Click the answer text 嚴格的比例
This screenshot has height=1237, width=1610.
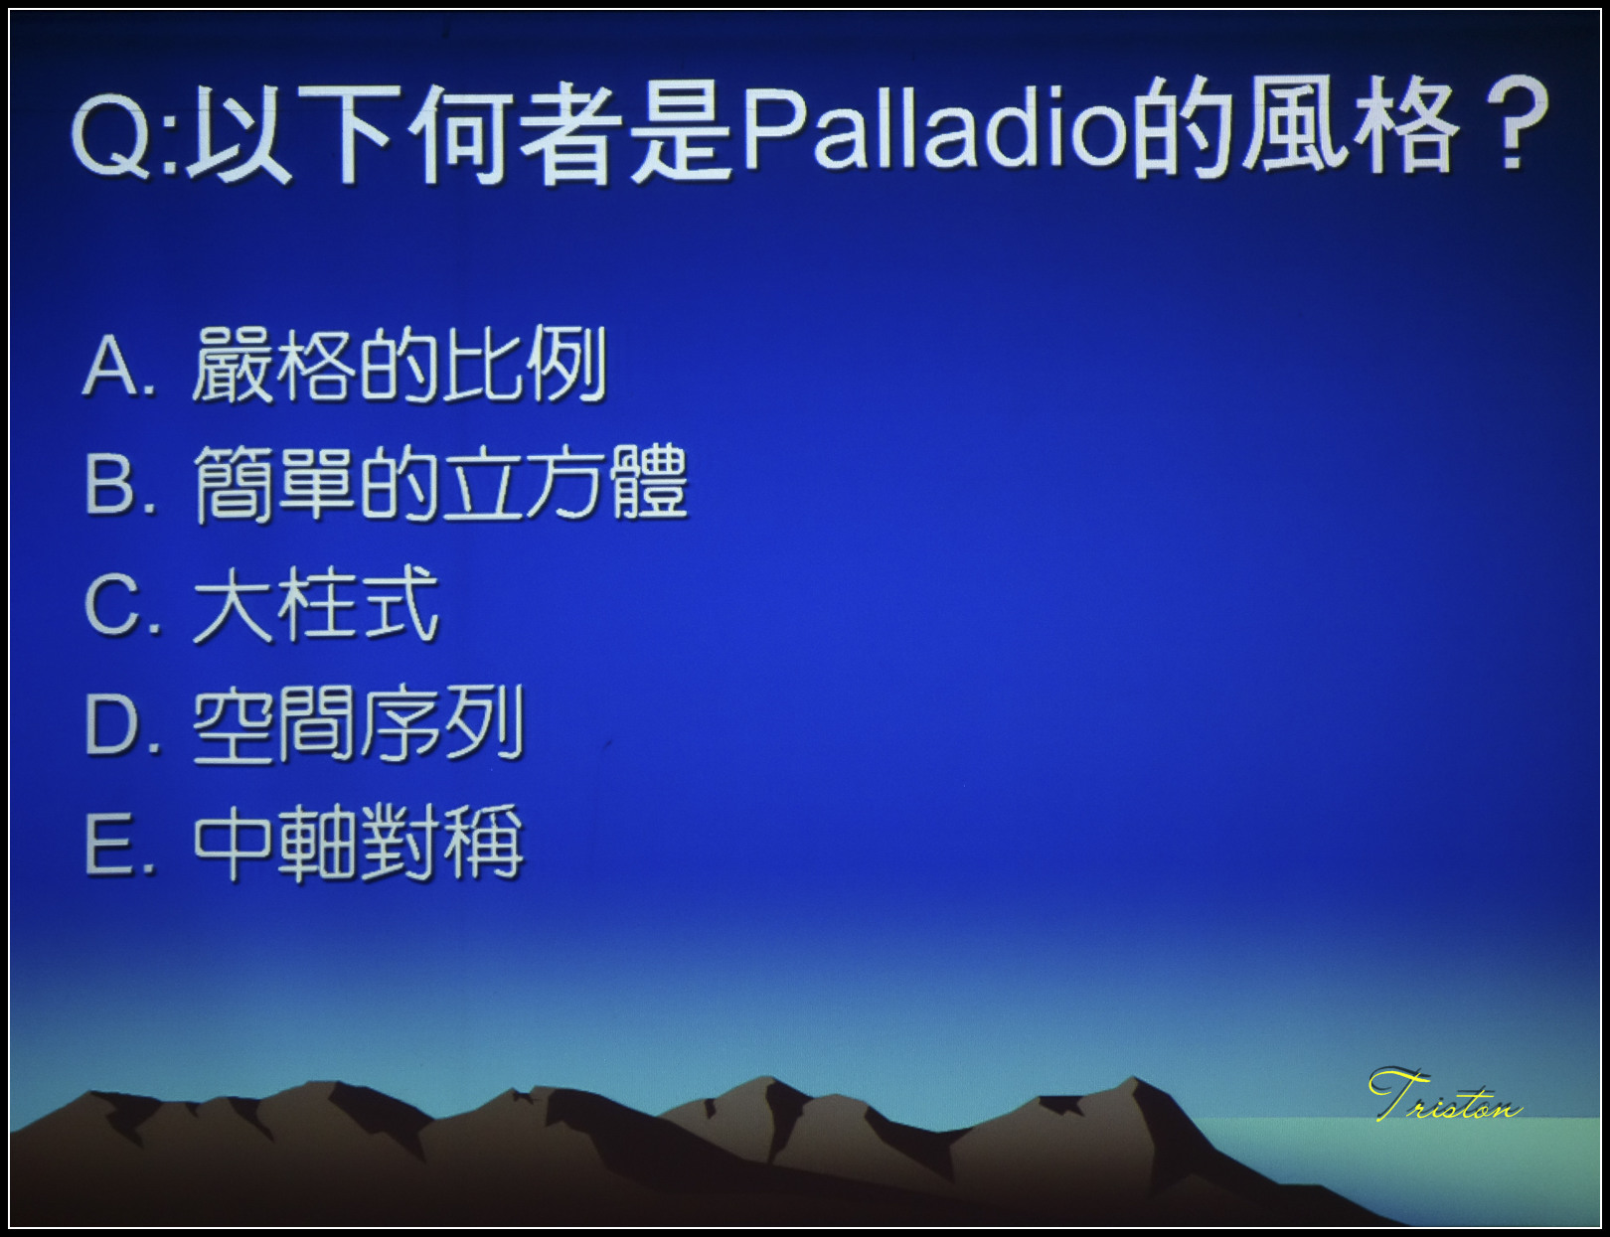pyautogui.click(x=400, y=365)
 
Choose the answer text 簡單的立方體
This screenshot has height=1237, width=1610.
pyautogui.click(x=441, y=485)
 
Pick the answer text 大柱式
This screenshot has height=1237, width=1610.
pyautogui.click(x=316, y=604)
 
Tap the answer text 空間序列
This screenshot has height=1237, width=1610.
pyautogui.click(x=359, y=723)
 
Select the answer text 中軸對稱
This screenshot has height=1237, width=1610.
pyautogui.click(x=359, y=844)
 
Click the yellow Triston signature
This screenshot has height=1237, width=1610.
pyautogui.click(x=1445, y=1095)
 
